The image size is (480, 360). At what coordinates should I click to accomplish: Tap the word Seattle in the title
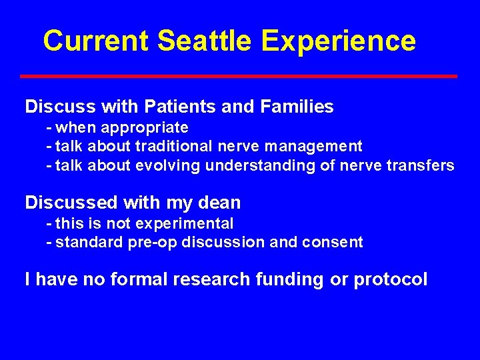[x=205, y=41]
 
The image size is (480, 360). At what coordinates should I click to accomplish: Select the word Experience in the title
[x=339, y=42]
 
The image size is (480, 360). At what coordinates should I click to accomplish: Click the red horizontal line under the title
[x=239, y=76]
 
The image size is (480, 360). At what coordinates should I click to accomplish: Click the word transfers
[x=424, y=165]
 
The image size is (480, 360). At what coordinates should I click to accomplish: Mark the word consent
[x=337, y=243]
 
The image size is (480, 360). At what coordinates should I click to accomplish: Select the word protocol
[x=390, y=280]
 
